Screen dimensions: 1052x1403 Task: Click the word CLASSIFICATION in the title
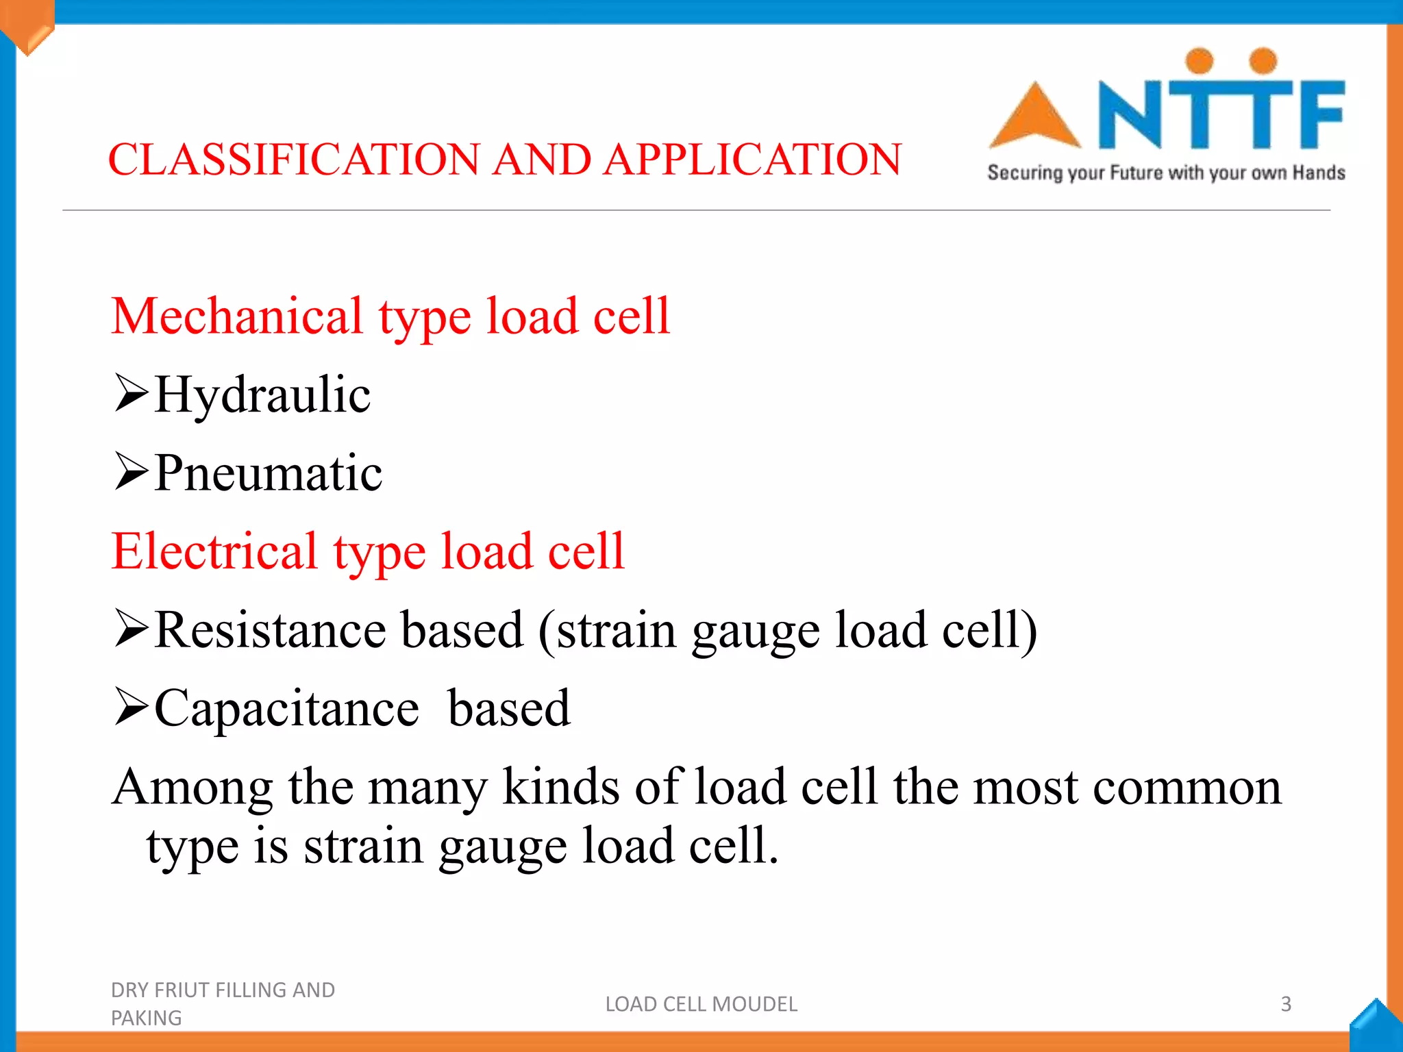coord(294,160)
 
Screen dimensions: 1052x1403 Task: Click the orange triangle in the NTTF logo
coord(1034,118)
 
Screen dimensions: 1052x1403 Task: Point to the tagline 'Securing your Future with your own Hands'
coord(1166,173)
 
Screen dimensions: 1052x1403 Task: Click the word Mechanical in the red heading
coord(237,316)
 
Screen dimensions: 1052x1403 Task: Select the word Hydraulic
coord(262,395)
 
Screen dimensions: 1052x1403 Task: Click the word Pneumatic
coord(268,473)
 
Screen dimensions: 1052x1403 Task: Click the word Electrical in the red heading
coord(214,551)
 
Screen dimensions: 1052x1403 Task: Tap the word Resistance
coord(270,629)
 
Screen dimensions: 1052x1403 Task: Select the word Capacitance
coord(286,708)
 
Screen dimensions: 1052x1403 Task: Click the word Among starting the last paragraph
coord(193,787)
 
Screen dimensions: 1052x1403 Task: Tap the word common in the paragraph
coord(1187,788)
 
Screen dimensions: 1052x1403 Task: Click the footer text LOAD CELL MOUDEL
coord(701,1004)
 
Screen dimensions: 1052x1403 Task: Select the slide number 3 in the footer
coord(1286,1004)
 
